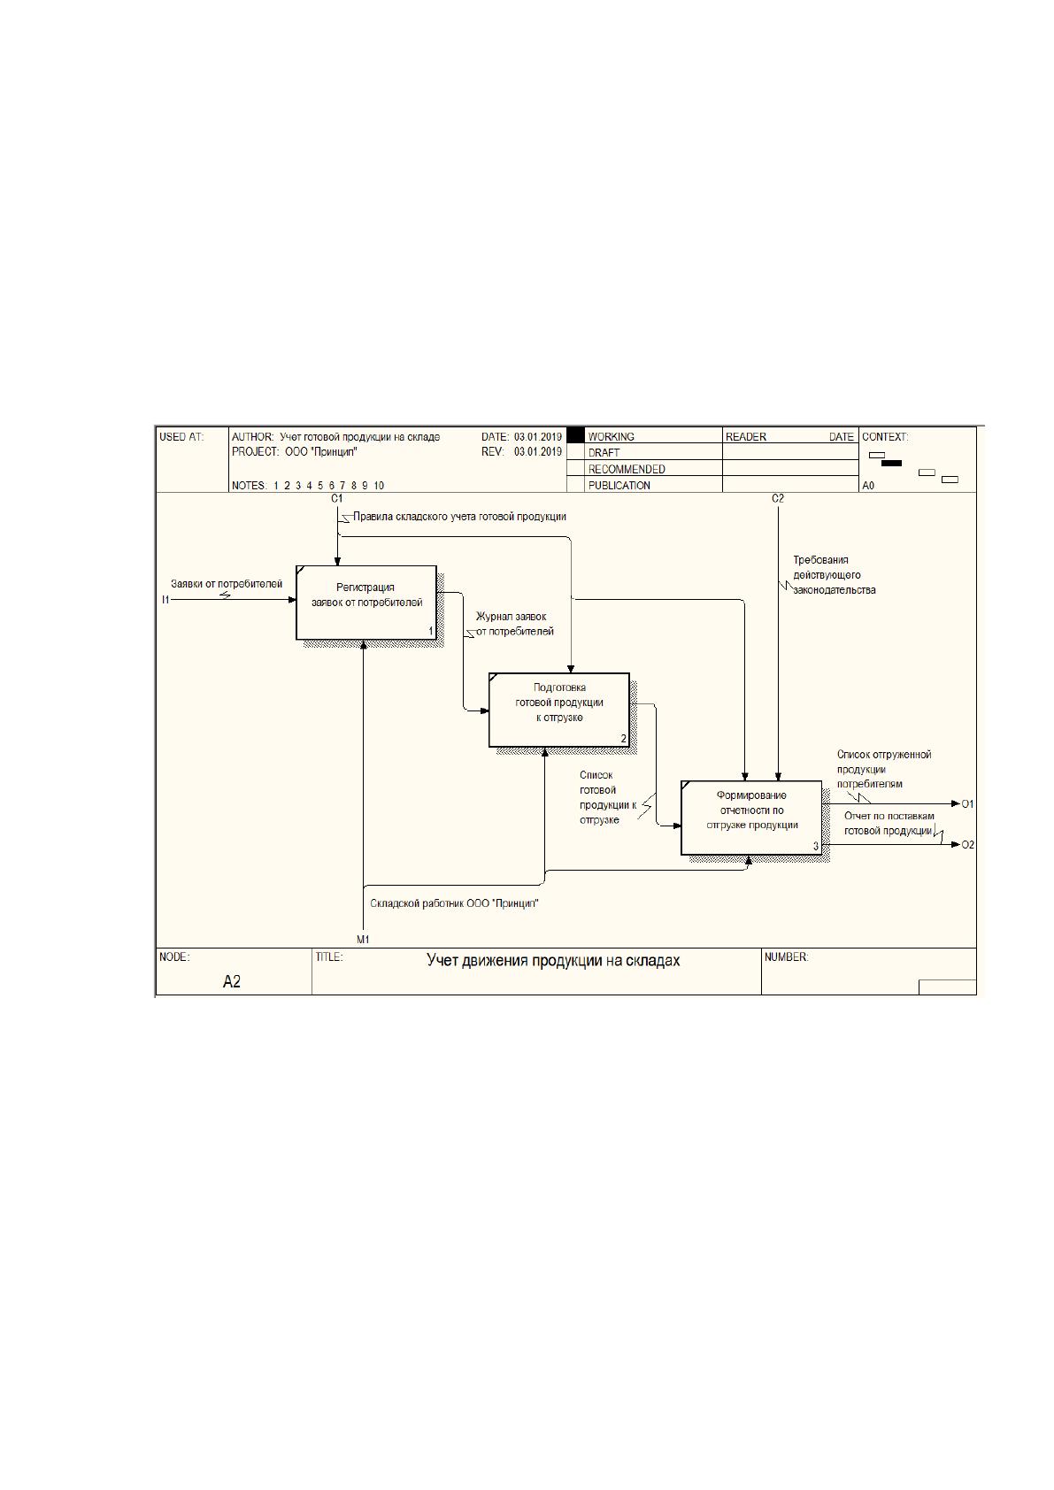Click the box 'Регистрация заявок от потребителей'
(366, 602)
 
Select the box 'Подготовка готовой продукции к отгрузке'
(559, 710)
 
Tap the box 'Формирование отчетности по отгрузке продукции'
(751, 818)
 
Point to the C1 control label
(336, 498)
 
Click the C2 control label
(777, 498)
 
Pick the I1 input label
(165, 600)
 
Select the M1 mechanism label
(363, 940)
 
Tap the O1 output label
(967, 804)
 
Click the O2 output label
(967, 845)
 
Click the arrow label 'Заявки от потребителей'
(227, 584)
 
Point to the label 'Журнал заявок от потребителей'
(513, 624)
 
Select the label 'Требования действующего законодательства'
(834, 575)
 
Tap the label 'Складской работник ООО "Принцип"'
(454, 903)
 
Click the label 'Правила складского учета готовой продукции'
(459, 516)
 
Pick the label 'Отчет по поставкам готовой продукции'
(889, 823)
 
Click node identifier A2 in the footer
(232, 982)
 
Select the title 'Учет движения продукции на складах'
(553, 961)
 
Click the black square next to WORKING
(575, 436)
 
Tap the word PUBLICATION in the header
(619, 486)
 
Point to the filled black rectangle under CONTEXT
(891, 463)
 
